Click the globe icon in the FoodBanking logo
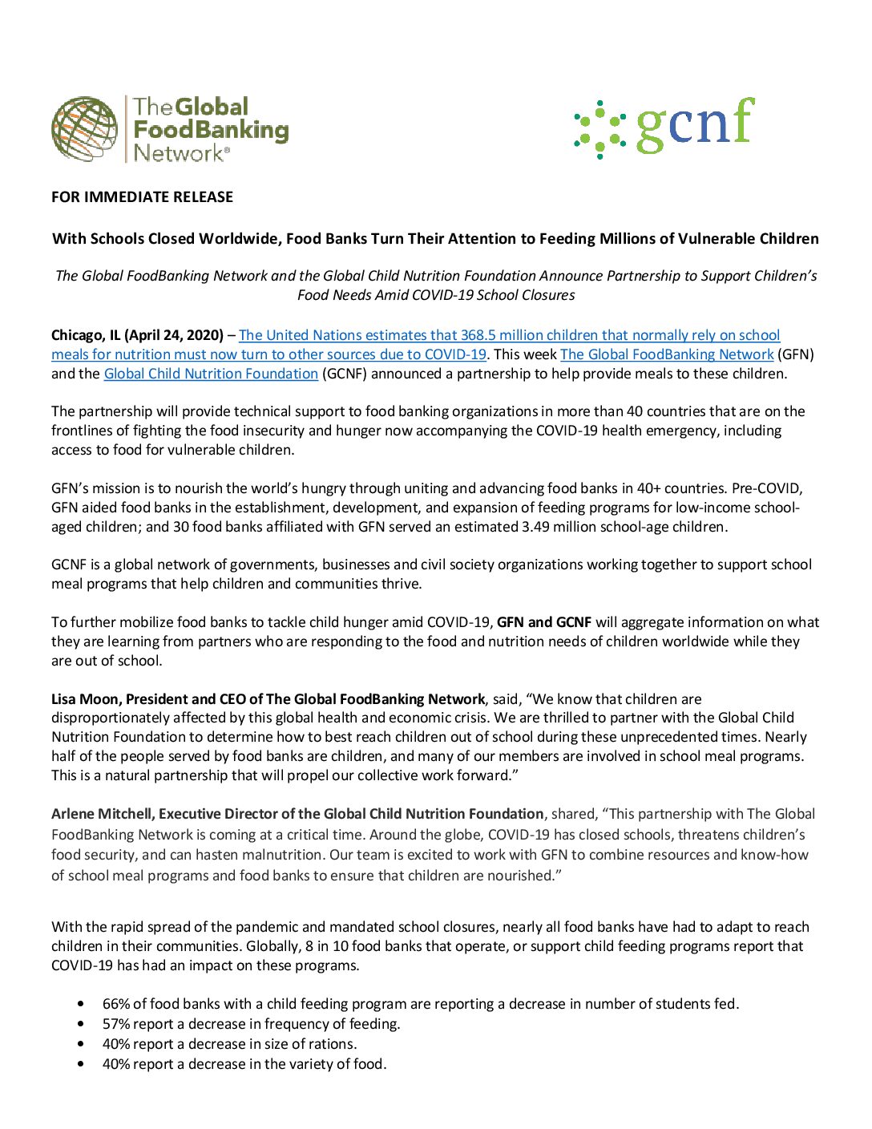click(x=84, y=129)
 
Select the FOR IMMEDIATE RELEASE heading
click(x=142, y=197)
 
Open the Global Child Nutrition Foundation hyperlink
click(x=211, y=374)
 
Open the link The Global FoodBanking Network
click(x=667, y=354)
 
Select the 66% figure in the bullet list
click(x=116, y=1004)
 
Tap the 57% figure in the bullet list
click(x=116, y=1024)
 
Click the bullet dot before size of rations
click(x=81, y=1044)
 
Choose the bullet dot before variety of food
click(x=81, y=1064)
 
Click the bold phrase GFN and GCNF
click(x=544, y=622)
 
